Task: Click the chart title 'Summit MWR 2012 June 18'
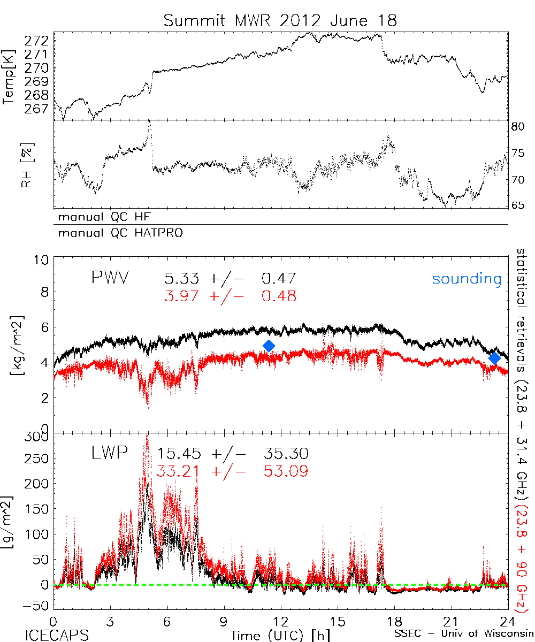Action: tap(280, 21)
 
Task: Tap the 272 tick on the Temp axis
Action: tap(39, 41)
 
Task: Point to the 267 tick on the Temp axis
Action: tap(39, 109)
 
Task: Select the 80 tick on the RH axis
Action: tap(519, 127)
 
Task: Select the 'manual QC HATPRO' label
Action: tap(117, 233)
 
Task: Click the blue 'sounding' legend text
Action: tap(467, 279)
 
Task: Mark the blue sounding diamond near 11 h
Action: tap(269, 346)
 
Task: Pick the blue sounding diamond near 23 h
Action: tap(495, 358)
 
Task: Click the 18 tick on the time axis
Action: tap(395, 621)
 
